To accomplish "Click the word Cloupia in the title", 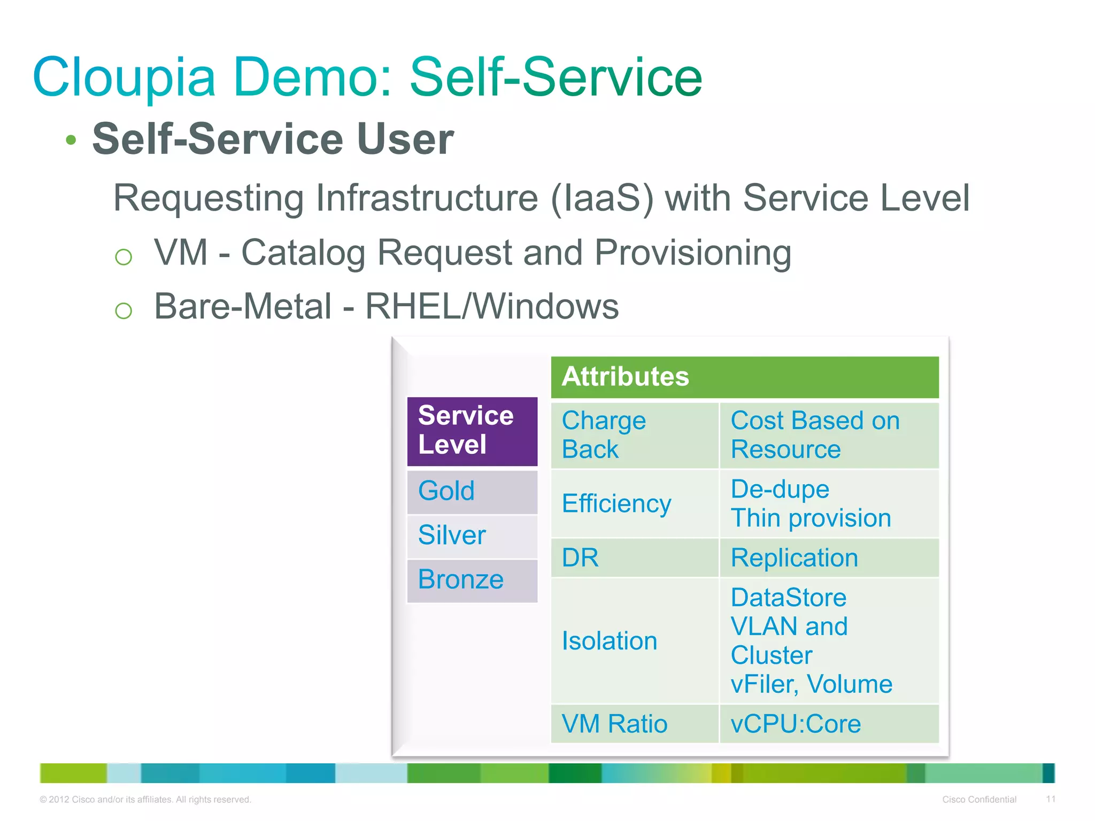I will pos(124,78).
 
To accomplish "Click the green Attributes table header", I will pos(744,377).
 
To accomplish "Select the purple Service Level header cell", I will pos(472,431).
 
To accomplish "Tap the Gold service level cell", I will pos(472,491).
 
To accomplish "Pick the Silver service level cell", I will pos(472,536).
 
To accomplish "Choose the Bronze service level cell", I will pos(472,580).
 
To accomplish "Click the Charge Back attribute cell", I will pos(634,435).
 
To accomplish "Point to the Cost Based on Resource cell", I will pos(829,435).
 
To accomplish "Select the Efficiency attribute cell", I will pos(634,504).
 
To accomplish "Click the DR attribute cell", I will pos(634,558).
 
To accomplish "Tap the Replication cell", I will pos(829,558).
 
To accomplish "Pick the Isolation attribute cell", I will pos(634,641).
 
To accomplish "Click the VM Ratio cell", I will pos(634,724).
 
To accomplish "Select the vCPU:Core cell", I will pos(829,724).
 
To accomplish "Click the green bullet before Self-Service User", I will pos(71,141).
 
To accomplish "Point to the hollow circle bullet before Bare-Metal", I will pos(124,311).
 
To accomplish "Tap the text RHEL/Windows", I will pos(491,307).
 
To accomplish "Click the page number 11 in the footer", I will pos(1050,799).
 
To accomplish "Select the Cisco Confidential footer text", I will pos(979,800).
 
